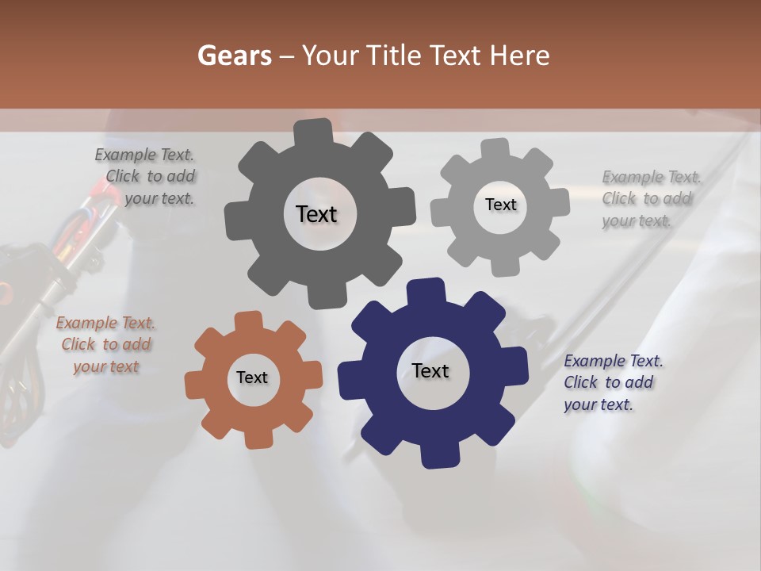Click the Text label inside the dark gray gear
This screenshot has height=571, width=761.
click(x=316, y=214)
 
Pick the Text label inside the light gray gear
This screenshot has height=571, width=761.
click(x=500, y=205)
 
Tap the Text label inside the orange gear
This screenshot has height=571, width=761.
click(x=252, y=377)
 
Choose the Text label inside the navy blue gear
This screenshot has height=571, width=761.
click(x=430, y=370)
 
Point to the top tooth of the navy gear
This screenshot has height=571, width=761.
click(x=426, y=290)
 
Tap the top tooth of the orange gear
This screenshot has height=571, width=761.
click(x=248, y=320)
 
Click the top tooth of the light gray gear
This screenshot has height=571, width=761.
click(x=495, y=148)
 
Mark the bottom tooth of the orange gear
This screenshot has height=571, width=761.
click(x=258, y=438)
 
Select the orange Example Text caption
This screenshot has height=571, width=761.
click(x=106, y=345)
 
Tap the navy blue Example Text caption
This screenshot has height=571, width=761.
click(x=612, y=382)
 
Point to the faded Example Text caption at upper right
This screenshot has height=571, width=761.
click(x=650, y=198)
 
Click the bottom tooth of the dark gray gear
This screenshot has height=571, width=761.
click(x=324, y=297)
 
